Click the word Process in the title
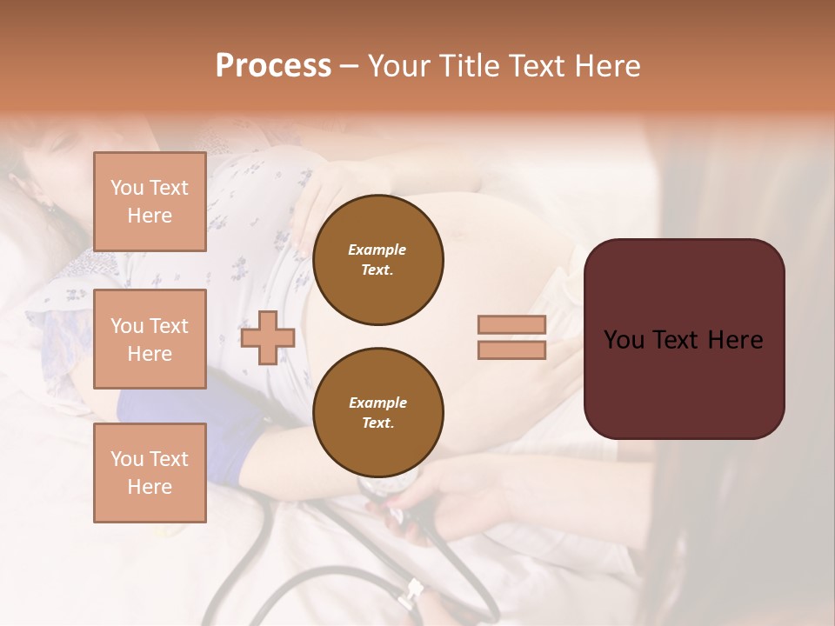tap(273, 66)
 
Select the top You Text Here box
tap(150, 202)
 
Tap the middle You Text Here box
tap(150, 339)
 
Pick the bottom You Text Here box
tap(150, 473)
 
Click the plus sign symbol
tap(267, 338)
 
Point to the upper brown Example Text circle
tap(377, 260)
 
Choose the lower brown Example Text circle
tap(377, 413)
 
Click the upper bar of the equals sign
tap(511, 324)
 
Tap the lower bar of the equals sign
tap(511, 350)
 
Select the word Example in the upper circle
tap(377, 250)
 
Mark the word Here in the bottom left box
tap(150, 487)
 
